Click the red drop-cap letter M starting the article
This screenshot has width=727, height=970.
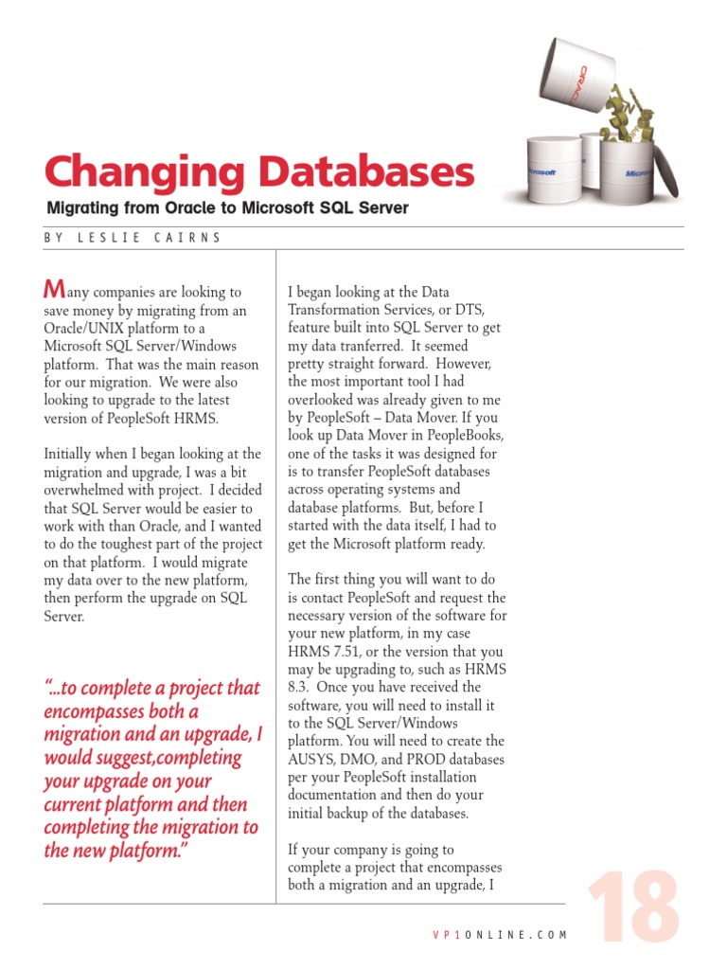(55, 289)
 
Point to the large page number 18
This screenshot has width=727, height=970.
(631, 909)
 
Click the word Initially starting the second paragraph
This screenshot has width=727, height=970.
(70, 455)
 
